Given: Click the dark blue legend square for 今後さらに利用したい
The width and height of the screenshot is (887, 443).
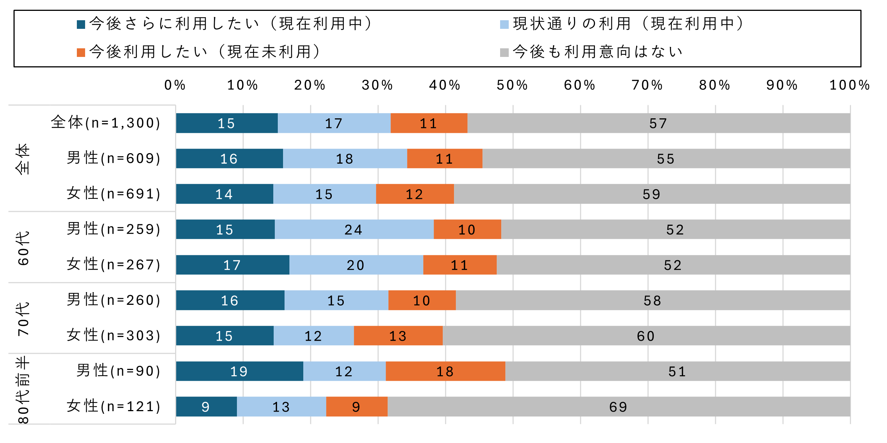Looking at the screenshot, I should coord(81,24).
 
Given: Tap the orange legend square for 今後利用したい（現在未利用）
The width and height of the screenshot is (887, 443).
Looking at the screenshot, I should coord(81,52).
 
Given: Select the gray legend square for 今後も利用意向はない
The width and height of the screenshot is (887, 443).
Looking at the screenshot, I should coord(504,52).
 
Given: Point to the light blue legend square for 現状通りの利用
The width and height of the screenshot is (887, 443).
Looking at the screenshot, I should coord(504,24).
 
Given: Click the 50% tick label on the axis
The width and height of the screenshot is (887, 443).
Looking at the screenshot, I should coord(512,85).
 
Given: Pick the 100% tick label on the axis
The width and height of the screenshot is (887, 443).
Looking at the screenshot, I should coord(850,85).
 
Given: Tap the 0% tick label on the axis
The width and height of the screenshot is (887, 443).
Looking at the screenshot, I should coord(175,85).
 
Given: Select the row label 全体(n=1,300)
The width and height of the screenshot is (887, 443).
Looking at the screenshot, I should coord(106,122).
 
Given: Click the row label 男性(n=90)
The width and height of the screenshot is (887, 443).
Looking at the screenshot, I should coord(118,371).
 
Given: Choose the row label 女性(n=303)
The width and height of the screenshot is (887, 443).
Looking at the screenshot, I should coord(114,335).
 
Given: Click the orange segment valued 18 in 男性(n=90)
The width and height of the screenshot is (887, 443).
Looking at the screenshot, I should coord(445,371).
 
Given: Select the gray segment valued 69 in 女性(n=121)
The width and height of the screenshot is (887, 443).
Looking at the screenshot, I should coord(619,407).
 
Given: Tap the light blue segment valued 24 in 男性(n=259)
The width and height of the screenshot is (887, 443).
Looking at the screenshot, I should coord(354,229).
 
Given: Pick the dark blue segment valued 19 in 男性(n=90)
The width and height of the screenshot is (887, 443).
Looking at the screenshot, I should coord(239,371).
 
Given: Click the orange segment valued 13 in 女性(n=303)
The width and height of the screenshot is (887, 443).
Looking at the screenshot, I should coord(398,336).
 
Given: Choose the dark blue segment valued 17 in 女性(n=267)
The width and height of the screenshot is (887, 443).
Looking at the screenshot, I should coord(232,265).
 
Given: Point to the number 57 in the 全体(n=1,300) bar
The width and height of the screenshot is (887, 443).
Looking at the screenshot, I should coord(658,123).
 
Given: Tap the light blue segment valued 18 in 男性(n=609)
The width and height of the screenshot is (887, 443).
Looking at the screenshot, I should coord(345,158).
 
